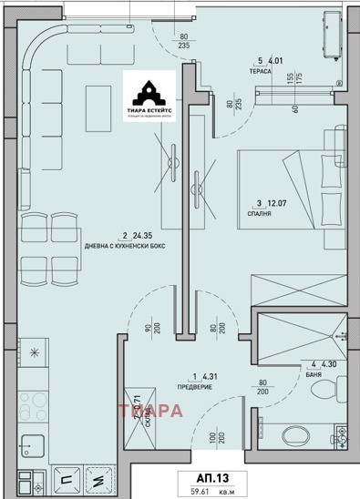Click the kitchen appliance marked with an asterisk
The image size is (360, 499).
pyautogui.click(x=35, y=353)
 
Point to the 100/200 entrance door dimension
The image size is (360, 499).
pyautogui.click(x=212, y=441)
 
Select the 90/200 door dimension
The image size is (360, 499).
pyautogui.click(x=151, y=323)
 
